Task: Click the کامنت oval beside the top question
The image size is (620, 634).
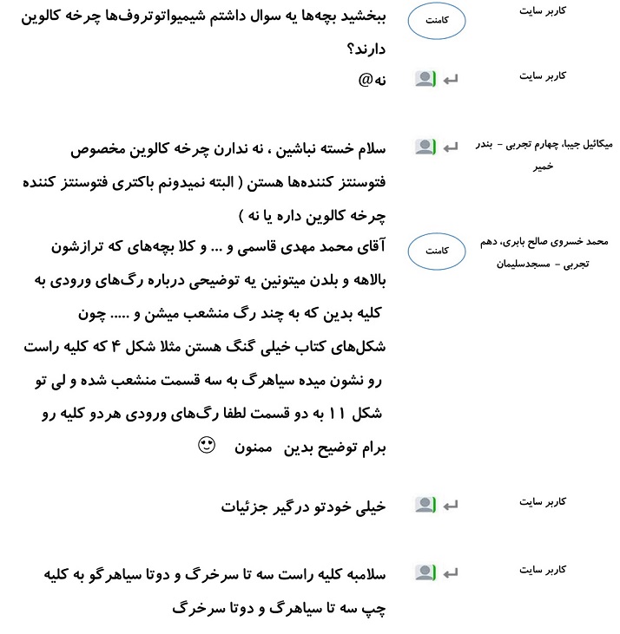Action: click(439, 23)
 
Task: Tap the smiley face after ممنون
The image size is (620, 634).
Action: click(206, 447)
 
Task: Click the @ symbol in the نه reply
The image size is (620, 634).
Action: click(366, 80)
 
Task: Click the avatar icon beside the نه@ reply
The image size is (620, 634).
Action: click(424, 79)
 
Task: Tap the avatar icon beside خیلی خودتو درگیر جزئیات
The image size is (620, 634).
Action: click(424, 504)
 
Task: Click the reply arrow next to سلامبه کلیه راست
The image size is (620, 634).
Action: click(451, 572)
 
